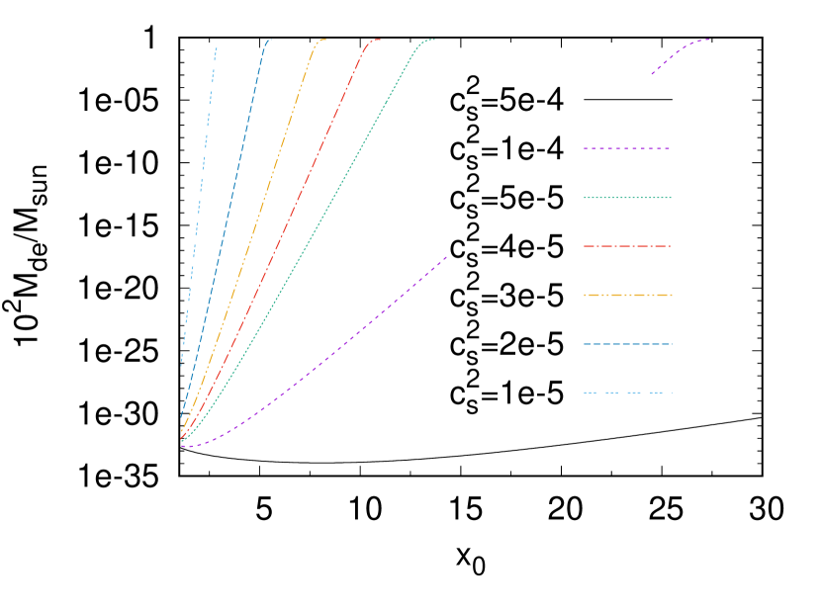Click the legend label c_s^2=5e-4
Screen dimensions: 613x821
coord(505,100)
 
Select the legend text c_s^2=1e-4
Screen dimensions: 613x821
coord(505,149)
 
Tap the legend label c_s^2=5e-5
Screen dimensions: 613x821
coord(505,198)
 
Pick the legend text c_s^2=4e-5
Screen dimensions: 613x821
coord(505,246)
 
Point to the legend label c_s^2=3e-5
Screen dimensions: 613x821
coord(505,296)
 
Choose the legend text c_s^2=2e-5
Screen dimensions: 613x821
coord(505,344)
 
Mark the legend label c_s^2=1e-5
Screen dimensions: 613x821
coord(505,394)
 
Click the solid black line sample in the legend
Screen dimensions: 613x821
coord(628,100)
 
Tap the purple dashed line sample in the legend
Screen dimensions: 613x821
coord(628,148)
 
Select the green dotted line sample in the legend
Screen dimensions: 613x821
coord(628,198)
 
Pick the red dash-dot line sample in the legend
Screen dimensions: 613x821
coord(628,246)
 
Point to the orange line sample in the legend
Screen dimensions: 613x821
coord(628,295)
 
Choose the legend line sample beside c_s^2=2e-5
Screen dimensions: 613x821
coord(628,344)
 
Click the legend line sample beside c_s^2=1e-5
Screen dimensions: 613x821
coord(628,393)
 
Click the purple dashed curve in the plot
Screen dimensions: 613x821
coord(326,356)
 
